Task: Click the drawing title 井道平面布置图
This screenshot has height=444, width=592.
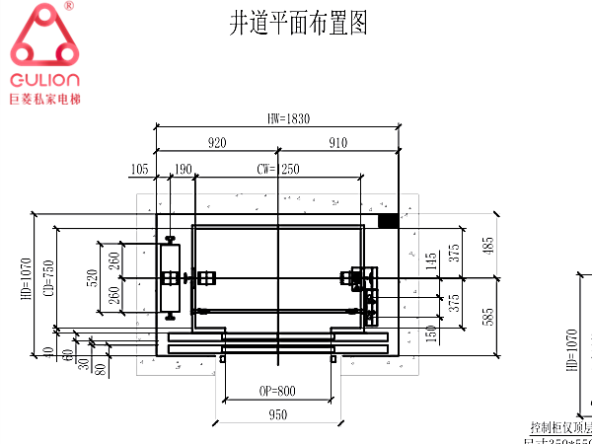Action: tap(298, 23)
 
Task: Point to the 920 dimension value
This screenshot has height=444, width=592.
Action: tap(217, 143)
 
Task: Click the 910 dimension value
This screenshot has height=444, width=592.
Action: tap(337, 143)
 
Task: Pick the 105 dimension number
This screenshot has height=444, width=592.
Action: tap(139, 170)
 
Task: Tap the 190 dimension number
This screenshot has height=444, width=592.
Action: tap(182, 170)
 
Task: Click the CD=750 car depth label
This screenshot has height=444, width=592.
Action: tap(48, 279)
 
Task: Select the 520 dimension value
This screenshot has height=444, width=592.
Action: tap(92, 279)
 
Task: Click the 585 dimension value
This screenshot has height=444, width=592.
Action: tap(487, 317)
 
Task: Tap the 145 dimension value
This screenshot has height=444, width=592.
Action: tap(431, 263)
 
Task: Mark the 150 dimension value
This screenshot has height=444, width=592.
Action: tap(431, 333)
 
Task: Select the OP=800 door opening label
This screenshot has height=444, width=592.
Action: tap(279, 392)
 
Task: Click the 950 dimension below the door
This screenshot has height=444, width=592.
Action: tap(279, 415)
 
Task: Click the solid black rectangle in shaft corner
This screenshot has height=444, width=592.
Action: tap(388, 221)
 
